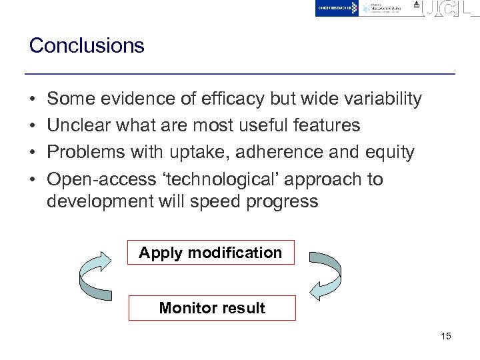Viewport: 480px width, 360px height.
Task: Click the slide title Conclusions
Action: click(x=87, y=46)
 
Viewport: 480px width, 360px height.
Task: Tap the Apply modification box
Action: click(x=211, y=253)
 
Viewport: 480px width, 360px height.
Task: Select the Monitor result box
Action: click(x=212, y=308)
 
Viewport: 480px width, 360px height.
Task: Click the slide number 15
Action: click(x=445, y=336)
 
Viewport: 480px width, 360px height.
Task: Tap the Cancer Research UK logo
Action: click(x=337, y=8)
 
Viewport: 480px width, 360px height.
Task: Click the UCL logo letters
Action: click(x=451, y=9)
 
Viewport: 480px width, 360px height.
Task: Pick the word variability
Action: click(x=381, y=99)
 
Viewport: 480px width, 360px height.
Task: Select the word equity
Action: click(x=389, y=153)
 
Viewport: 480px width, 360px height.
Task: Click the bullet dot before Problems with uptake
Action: click(x=32, y=153)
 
